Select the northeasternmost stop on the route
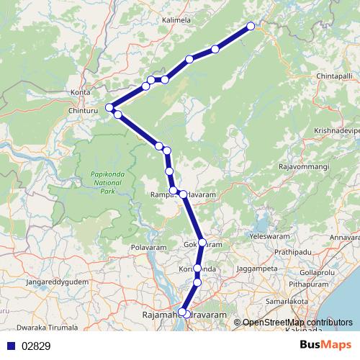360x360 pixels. (x=251, y=27)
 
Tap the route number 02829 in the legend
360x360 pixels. (x=35, y=346)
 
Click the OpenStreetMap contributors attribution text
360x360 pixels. (x=297, y=323)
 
